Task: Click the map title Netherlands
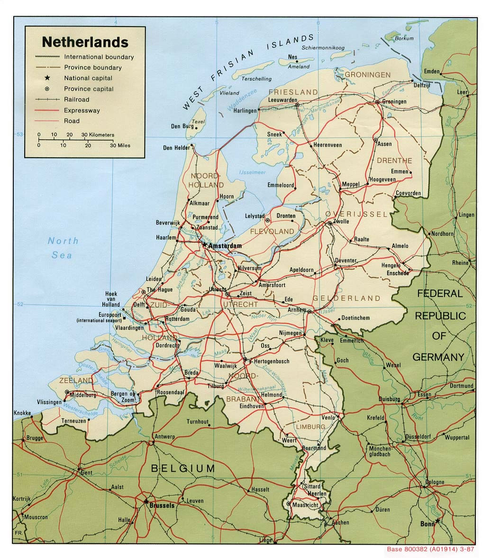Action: [85, 42]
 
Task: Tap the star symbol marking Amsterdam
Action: [204, 245]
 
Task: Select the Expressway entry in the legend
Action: [82, 110]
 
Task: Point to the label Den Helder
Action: [176, 148]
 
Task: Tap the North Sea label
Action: [63, 248]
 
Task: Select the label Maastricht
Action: [304, 505]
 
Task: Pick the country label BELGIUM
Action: [182, 469]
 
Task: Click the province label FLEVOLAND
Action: [272, 232]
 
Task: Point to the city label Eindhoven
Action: [252, 406]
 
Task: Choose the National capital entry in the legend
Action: [88, 78]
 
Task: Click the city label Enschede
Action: [397, 273]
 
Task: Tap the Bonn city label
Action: [427, 524]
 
